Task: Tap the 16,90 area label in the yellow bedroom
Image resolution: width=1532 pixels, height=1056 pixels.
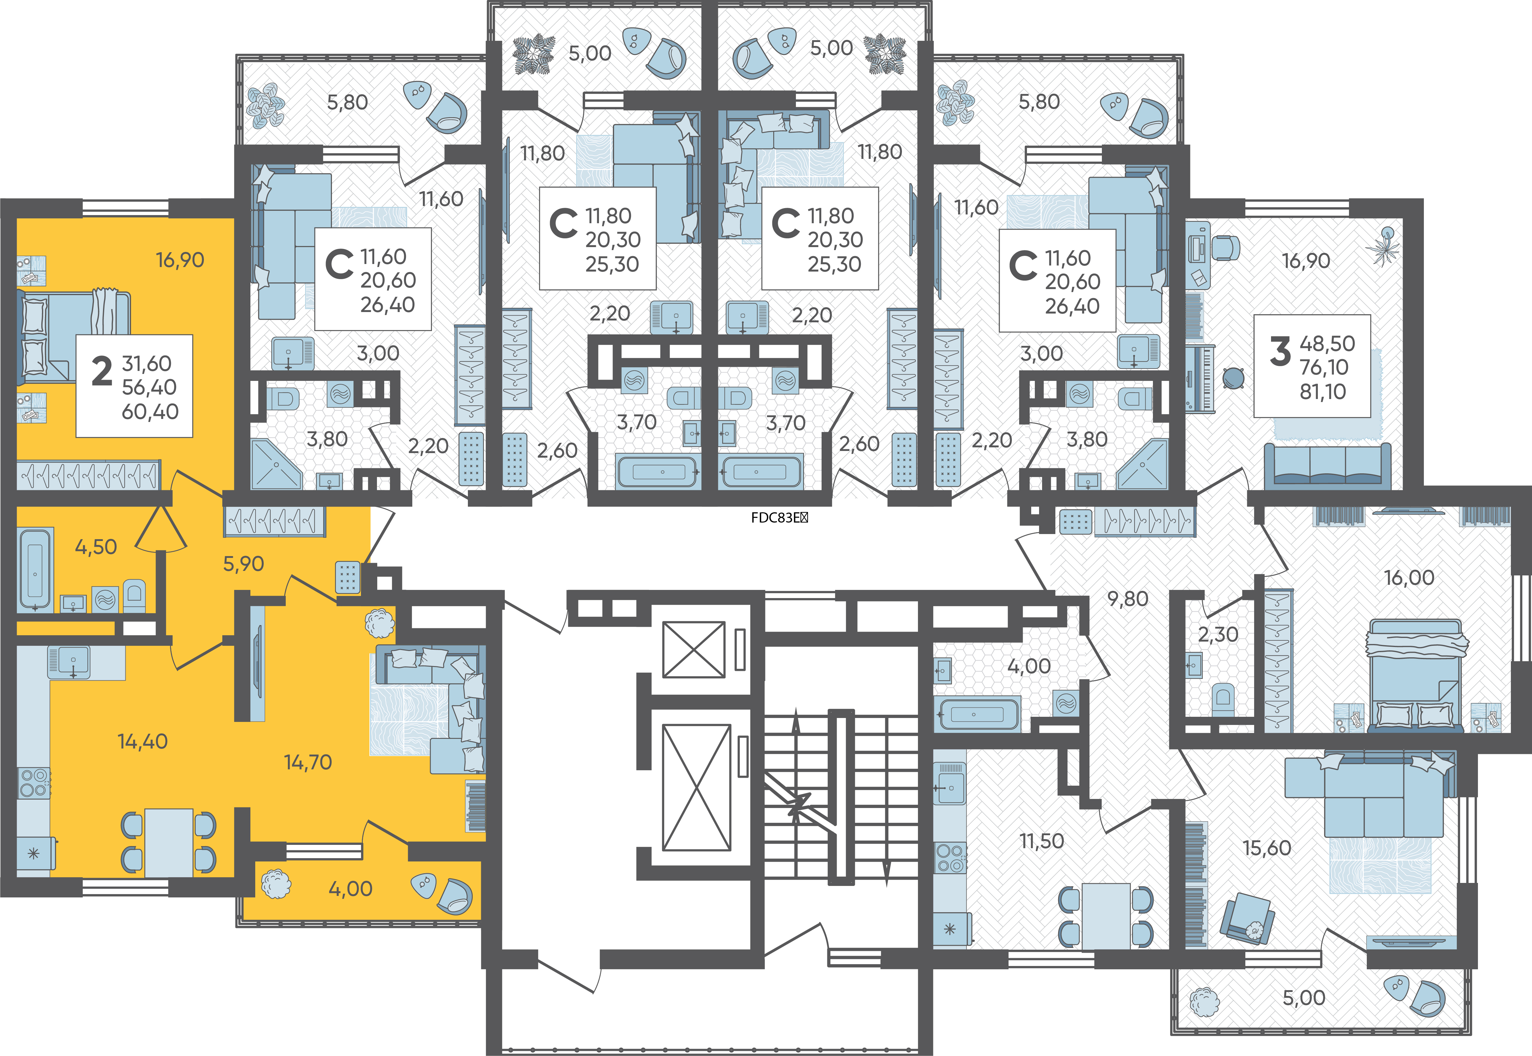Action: tap(180, 260)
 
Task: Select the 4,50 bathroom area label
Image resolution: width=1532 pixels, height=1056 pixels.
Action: tap(96, 547)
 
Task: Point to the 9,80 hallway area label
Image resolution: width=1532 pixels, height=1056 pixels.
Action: tap(1128, 599)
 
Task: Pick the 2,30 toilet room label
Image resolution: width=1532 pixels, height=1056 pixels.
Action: tap(1218, 635)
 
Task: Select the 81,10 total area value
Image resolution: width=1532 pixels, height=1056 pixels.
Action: tap(1323, 392)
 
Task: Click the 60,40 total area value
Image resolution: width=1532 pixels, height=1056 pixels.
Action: tap(150, 411)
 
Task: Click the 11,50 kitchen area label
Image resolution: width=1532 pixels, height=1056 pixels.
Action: tap(1042, 841)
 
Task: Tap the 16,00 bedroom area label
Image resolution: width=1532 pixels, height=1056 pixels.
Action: tap(1409, 578)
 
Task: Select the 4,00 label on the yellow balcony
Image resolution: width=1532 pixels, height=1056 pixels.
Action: tap(351, 889)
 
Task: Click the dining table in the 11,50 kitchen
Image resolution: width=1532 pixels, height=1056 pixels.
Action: tap(1105, 916)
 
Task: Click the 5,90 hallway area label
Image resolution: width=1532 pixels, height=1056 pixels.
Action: tap(243, 564)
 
